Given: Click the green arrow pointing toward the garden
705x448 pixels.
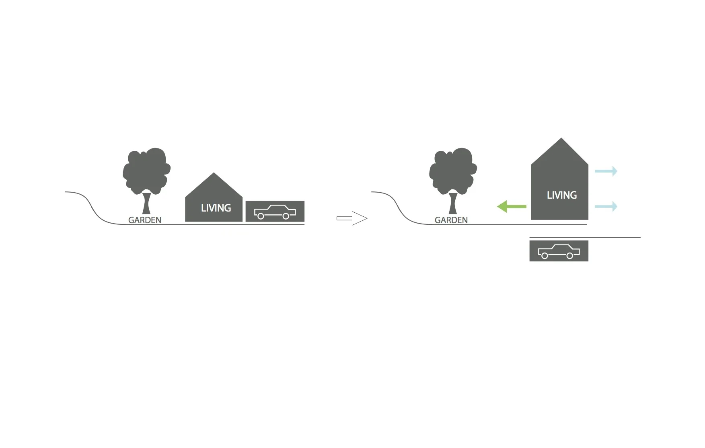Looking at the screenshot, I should coord(512,207).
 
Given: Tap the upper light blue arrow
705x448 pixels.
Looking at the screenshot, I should coord(606,171).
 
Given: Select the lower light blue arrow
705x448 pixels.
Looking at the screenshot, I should coord(606,207).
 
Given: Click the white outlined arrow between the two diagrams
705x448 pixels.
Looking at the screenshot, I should coord(352,218).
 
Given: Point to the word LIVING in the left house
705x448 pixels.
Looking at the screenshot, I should coord(216,208).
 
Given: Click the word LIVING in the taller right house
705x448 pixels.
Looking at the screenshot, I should coord(562,195).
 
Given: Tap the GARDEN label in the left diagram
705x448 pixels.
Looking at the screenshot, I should coord(145,220).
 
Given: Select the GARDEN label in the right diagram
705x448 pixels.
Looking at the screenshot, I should coord(451,220).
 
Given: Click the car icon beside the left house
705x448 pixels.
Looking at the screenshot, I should coord(275,212).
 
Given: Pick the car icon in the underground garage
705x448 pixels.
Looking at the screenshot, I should coord(559,251).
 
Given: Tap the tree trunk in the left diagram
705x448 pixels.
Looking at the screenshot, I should coord(146,203).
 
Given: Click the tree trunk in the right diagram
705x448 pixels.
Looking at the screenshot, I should coord(453,203).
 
